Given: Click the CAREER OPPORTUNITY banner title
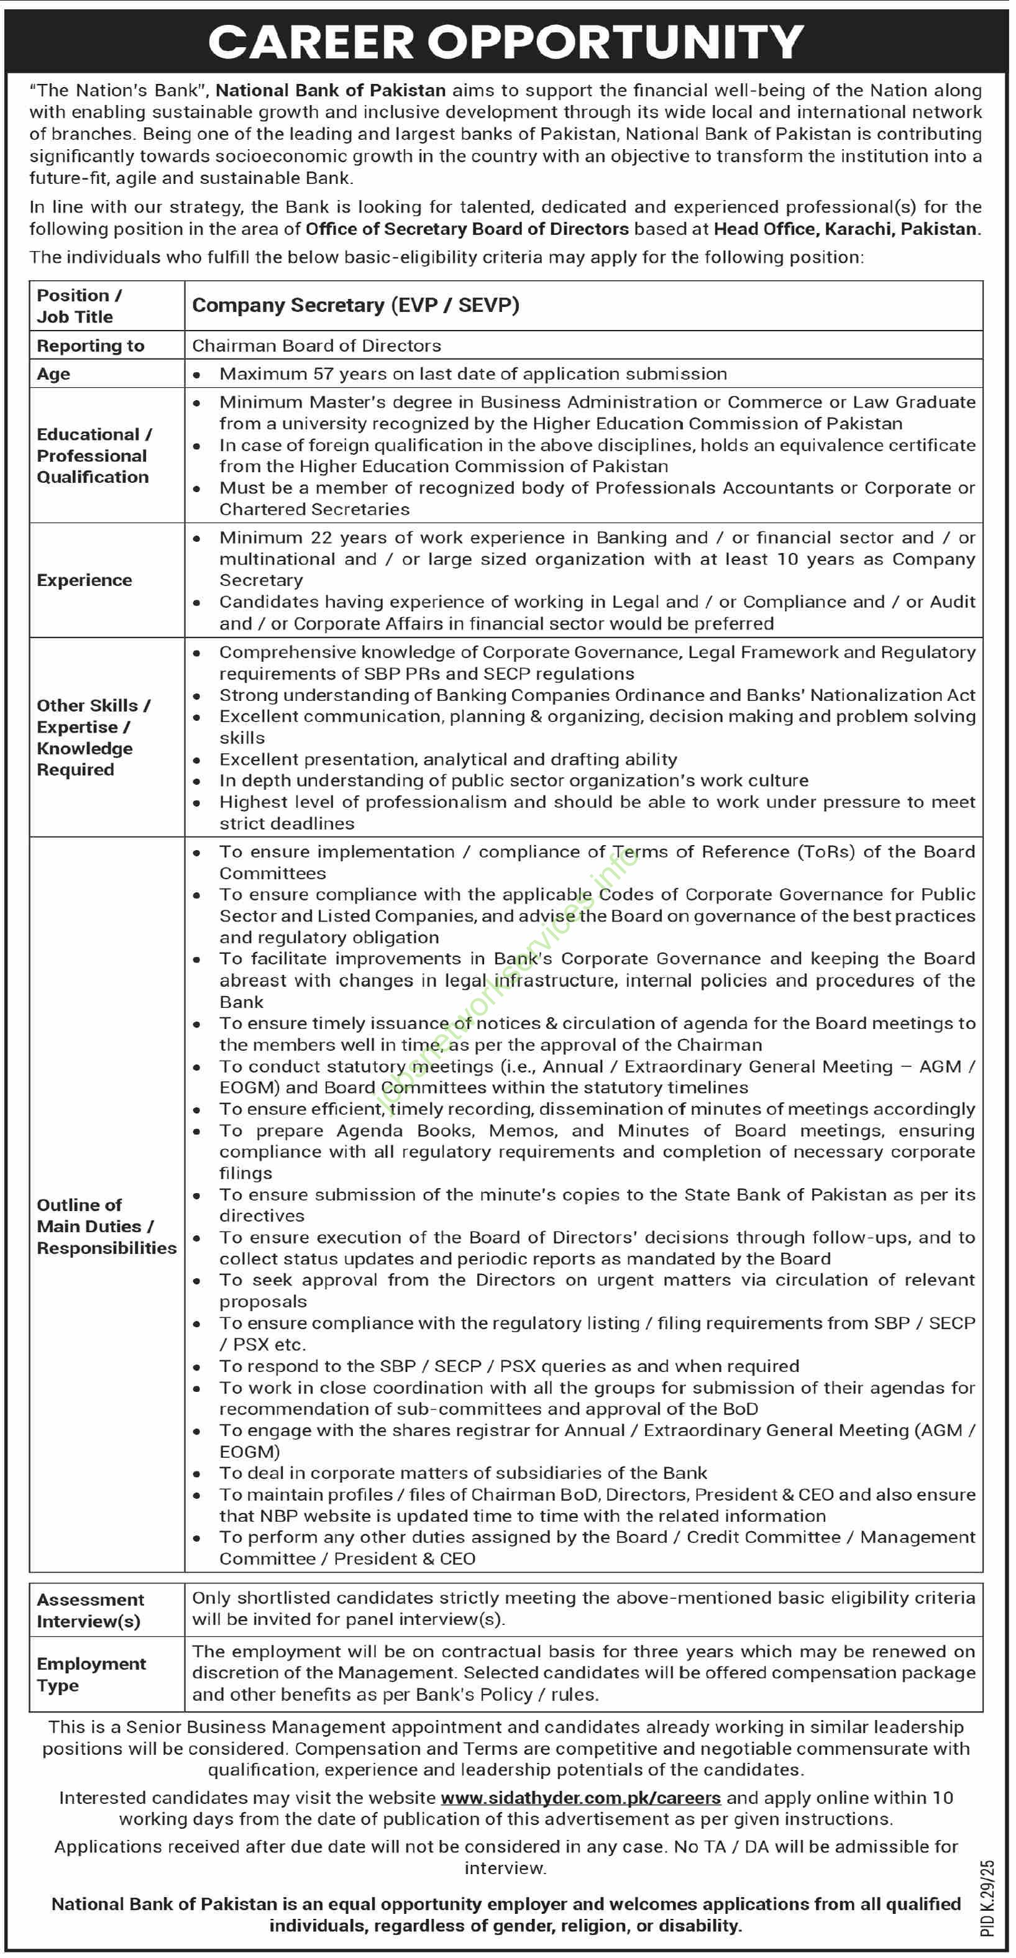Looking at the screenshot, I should pyautogui.click(x=506, y=42).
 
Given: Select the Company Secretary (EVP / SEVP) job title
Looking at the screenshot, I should pyautogui.click(x=355, y=306).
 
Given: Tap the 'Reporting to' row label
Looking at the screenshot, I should pyautogui.click(x=91, y=346).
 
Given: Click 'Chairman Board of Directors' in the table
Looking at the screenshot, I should pyautogui.click(x=316, y=346).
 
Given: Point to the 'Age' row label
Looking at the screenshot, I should pyautogui.click(x=53, y=374).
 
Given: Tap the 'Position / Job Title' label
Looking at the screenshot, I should pyautogui.click(x=78, y=306).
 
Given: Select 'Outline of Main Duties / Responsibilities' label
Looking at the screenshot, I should pyautogui.click(x=106, y=1226).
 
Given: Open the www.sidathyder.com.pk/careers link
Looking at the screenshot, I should pyautogui.click(x=580, y=1798).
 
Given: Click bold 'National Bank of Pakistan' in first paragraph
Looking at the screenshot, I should pyautogui.click(x=331, y=91).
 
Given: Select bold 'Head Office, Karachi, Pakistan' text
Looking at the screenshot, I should pyautogui.click(x=846, y=229).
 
